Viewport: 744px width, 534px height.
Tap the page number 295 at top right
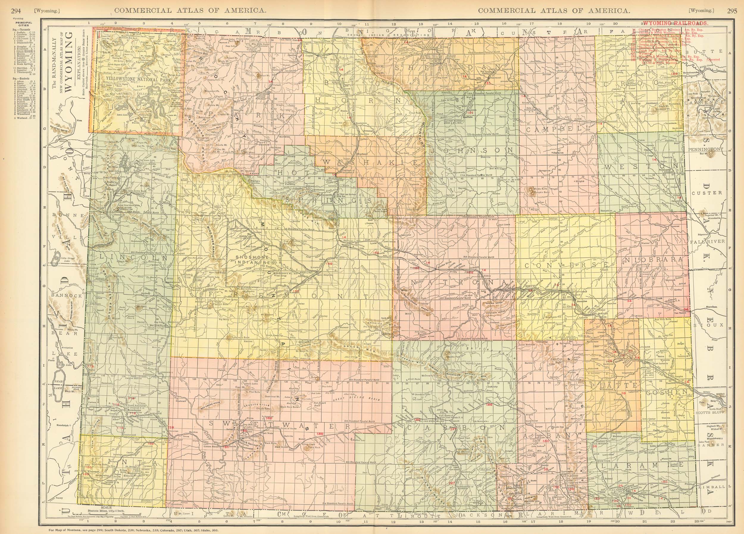729,10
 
